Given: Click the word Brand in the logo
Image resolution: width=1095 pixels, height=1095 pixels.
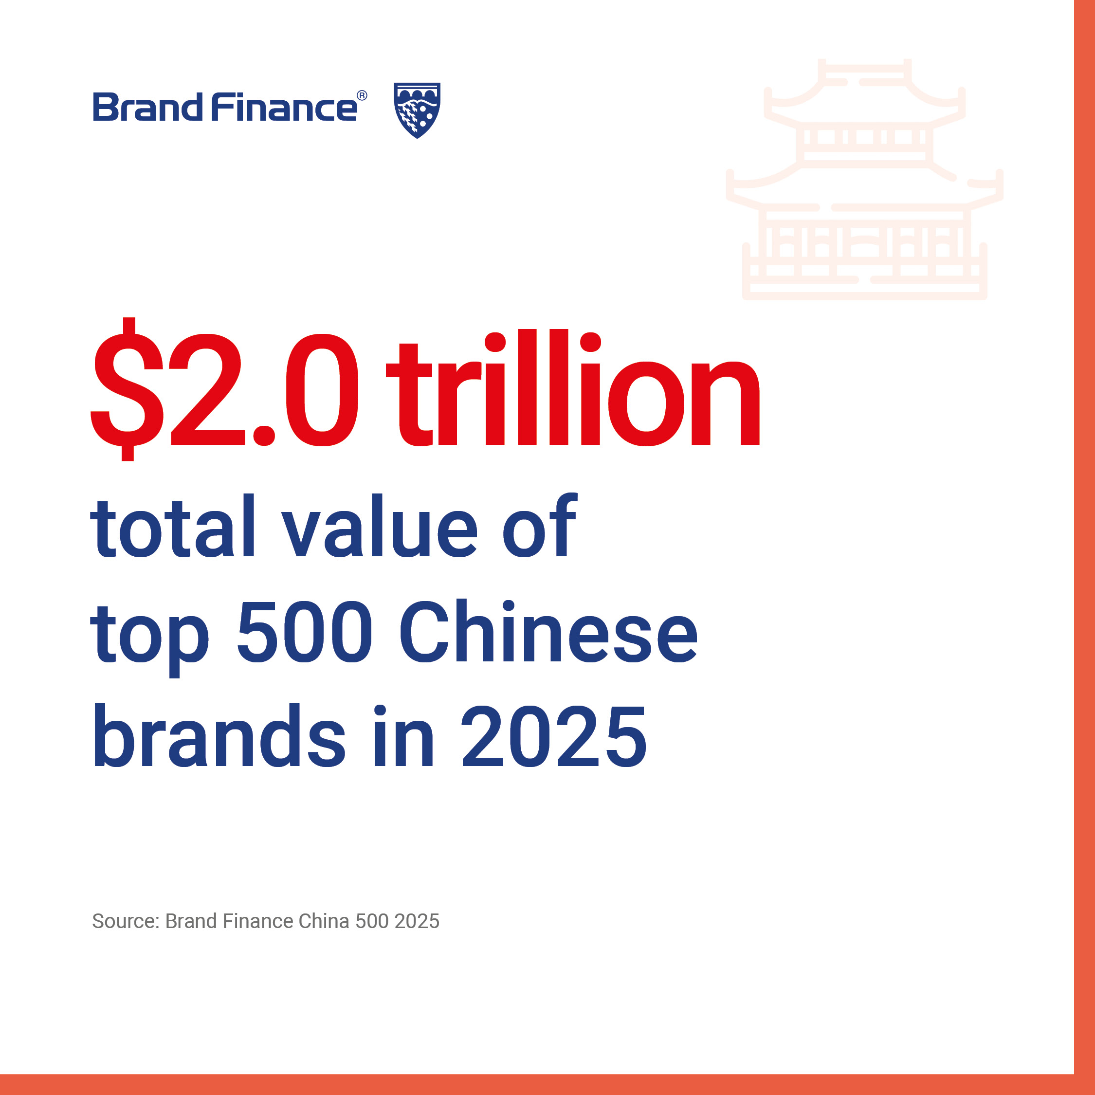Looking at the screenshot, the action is (x=147, y=107).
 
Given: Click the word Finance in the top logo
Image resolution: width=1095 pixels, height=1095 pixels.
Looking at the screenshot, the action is (x=285, y=107).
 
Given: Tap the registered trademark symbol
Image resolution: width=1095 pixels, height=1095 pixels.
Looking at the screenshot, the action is (x=362, y=96).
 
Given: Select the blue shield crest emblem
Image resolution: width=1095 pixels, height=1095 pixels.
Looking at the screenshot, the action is (x=417, y=110).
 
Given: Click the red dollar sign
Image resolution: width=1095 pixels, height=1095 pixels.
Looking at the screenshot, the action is (x=128, y=389).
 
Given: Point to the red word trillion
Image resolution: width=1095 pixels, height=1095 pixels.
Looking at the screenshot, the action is (x=573, y=386).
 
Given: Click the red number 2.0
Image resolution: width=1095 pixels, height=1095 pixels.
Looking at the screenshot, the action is (x=265, y=389).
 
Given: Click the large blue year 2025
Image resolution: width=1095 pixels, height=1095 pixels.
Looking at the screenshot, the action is (x=554, y=736).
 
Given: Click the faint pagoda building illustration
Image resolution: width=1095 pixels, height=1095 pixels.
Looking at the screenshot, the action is (x=864, y=179).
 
